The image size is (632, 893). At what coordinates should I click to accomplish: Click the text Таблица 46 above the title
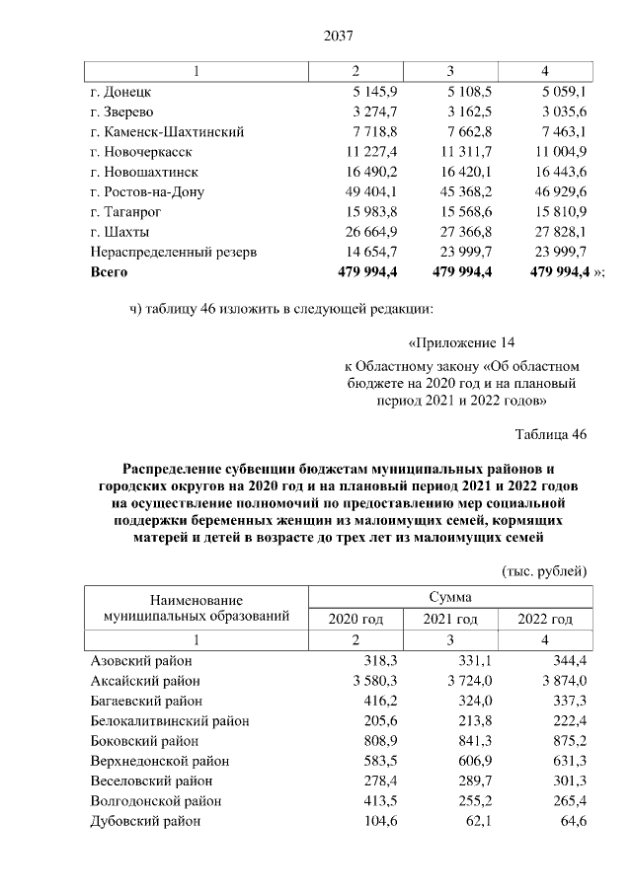[551, 434]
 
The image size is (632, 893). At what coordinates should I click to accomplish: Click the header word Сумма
[449, 597]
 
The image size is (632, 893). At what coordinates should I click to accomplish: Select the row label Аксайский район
[145, 681]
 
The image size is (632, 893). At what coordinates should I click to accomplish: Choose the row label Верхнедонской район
[159, 761]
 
